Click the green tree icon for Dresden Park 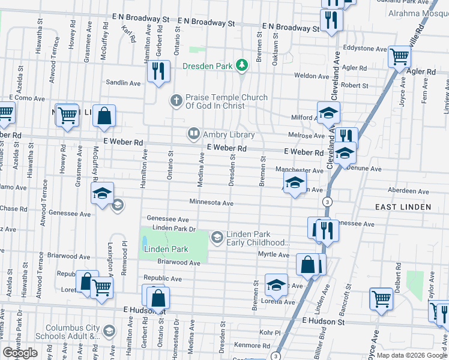pos(241,65)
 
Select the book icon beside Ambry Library pos(194,134)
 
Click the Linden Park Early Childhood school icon pos(217,238)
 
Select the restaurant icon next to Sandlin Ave pos(158,71)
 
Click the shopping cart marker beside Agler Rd pos(400,58)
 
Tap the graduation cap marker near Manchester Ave pos(295,183)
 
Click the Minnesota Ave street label pos(211,203)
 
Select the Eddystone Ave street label pos(364,47)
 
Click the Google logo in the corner pos(20,353)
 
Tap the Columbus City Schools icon pos(109,331)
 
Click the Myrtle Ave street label pos(274,254)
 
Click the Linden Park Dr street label pos(174,229)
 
